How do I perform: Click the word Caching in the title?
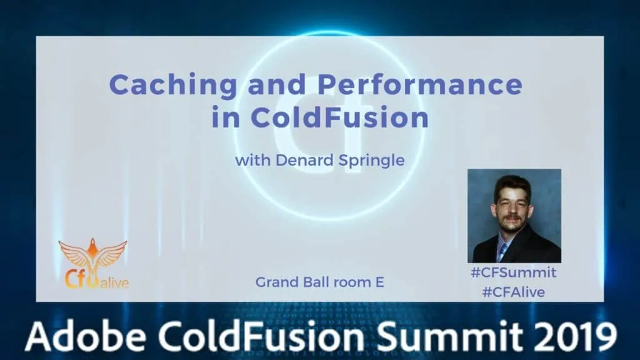pyautogui.click(x=174, y=86)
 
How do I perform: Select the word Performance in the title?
pyautogui.click(x=420, y=84)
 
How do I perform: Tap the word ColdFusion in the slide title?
pyautogui.click(x=339, y=117)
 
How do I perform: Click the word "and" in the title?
pyautogui.click(x=277, y=84)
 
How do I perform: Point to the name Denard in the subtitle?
pyautogui.click(x=304, y=160)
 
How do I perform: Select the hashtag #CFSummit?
pyautogui.click(x=514, y=272)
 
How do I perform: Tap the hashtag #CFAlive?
pyautogui.click(x=514, y=292)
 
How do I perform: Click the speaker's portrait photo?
pyautogui.click(x=514, y=216)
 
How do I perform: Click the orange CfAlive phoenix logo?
pyautogui.click(x=94, y=264)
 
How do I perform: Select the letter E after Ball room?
pyautogui.click(x=379, y=282)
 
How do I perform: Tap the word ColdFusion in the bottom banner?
pyautogui.click(x=262, y=336)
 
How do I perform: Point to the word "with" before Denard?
pyautogui.click(x=252, y=160)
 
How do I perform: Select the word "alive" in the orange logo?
pyautogui.click(x=114, y=282)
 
